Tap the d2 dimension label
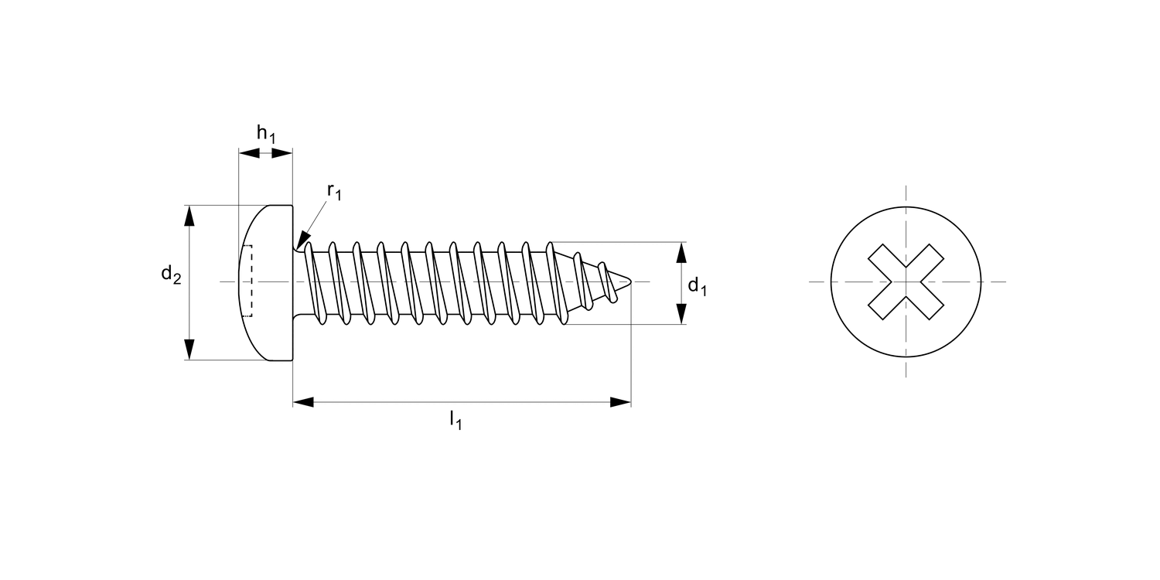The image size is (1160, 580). pos(171,275)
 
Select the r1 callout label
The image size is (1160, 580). pos(333,191)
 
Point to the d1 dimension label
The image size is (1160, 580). pos(697,288)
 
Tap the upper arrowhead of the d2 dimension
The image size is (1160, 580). pos(189,216)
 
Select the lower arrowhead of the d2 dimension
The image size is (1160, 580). pos(189,349)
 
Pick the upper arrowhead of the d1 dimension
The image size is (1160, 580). pos(681,252)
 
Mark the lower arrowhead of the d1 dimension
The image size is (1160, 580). pos(681,314)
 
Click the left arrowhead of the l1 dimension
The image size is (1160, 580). pos(303,402)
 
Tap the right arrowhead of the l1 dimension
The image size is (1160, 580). pos(620,402)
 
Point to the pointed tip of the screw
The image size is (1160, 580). pos(633,281)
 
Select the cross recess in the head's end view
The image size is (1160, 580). pos(906,281)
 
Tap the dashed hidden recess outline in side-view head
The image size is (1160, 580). pos(247,281)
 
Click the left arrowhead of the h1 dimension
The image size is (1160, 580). pos(248,153)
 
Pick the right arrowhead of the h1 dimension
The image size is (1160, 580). pos(283,153)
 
